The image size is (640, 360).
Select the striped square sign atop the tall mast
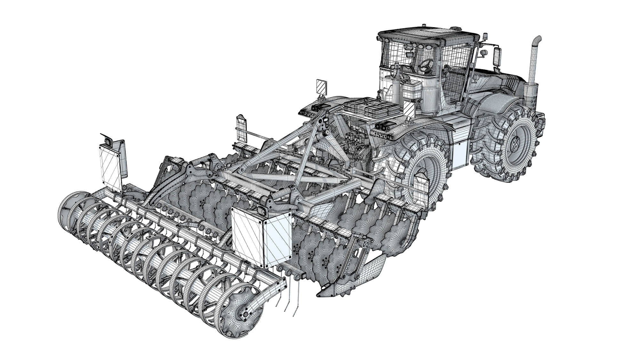(x=321, y=85)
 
